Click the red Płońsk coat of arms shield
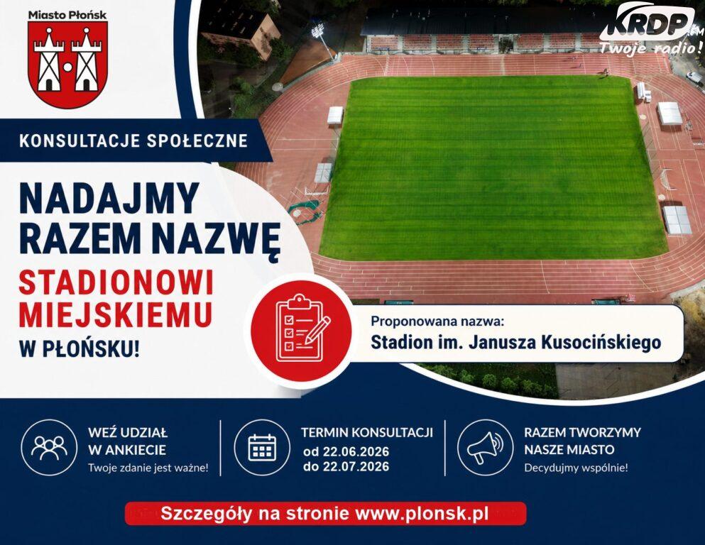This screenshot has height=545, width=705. pyautogui.click(x=67, y=64)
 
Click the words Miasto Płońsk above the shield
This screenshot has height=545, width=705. pyautogui.click(x=67, y=15)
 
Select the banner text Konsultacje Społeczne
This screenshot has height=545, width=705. pyautogui.click(x=133, y=141)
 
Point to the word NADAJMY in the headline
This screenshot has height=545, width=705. pyautogui.click(x=109, y=199)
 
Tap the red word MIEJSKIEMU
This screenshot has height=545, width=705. pyautogui.click(x=116, y=314)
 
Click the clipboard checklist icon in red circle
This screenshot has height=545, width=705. pyautogui.click(x=301, y=329)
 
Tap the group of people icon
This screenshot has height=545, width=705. pyautogui.click(x=49, y=448)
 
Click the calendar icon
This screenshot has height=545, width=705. pyautogui.click(x=263, y=448)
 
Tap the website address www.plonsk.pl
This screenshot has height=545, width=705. pyautogui.click(x=422, y=513)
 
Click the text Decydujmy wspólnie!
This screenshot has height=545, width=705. pyautogui.click(x=576, y=468)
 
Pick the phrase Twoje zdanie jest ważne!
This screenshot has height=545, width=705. pyautogui.click(x=148, y=468)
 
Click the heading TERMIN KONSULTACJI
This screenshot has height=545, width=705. pyautogui.click(x=367, y=433)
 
